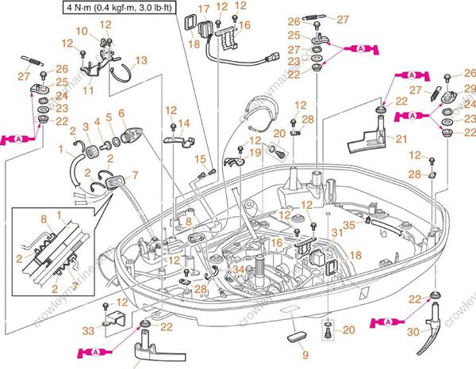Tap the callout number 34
click(x=239, y=269)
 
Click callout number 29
click(x=470, y=87)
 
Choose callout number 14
click(x=184, y=123)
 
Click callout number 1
click(x=61, y=148)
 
